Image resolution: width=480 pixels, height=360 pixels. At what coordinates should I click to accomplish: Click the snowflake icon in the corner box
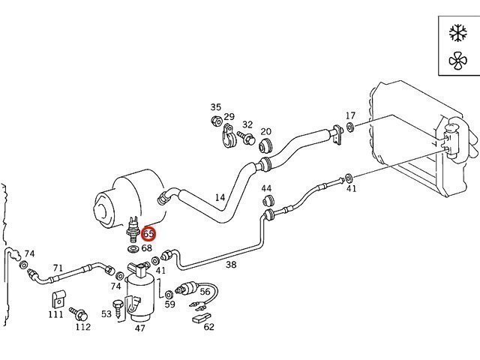(456, 32)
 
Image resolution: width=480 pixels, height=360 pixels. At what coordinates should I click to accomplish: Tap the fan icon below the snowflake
(456, 61)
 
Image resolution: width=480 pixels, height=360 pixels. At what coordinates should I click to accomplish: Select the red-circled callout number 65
(148, 235)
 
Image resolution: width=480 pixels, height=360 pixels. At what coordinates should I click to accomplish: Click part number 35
(216, 107)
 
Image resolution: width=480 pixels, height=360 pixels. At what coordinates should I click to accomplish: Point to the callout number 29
(229, 117)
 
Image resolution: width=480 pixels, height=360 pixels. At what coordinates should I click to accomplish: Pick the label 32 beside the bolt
(247, 124)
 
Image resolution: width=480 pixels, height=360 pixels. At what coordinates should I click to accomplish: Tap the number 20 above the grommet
(265, 133)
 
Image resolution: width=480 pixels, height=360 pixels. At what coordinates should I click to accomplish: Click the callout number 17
(350, 115)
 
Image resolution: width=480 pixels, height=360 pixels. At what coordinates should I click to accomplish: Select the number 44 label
(266, 188)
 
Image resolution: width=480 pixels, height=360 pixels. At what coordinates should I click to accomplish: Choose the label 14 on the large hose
(220, 198)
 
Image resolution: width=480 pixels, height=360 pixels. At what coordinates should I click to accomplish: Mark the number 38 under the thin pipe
(231, 264)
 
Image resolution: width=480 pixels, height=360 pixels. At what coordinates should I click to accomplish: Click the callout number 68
(147, 248)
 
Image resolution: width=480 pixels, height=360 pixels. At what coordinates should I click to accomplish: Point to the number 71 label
(58, 268)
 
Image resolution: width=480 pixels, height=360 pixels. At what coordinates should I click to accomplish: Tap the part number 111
(55, 314)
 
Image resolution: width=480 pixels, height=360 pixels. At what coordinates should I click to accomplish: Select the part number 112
(82, 326)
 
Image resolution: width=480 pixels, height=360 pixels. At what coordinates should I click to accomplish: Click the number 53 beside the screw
(106, 314)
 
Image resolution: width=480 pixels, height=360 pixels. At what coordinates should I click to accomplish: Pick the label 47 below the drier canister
(140, 328)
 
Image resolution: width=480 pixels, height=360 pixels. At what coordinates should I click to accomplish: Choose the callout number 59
(170, 304)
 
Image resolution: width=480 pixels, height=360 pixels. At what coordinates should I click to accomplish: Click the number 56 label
(205, 292)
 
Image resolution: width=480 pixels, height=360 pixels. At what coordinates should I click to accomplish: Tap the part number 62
(208, 326)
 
